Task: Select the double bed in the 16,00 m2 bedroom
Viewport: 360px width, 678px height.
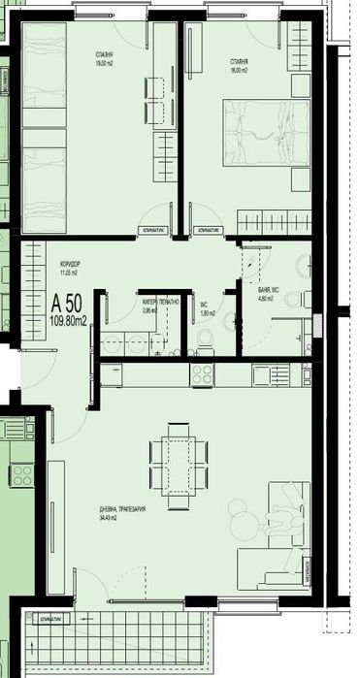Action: point(265,136)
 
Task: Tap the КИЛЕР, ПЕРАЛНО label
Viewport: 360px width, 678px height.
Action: point(155,303)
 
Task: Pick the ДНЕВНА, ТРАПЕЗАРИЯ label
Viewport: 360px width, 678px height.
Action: point(121,509)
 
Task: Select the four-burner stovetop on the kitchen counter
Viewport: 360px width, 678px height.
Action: point(203,373)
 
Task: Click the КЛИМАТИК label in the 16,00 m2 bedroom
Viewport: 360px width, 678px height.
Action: point(208,231)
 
